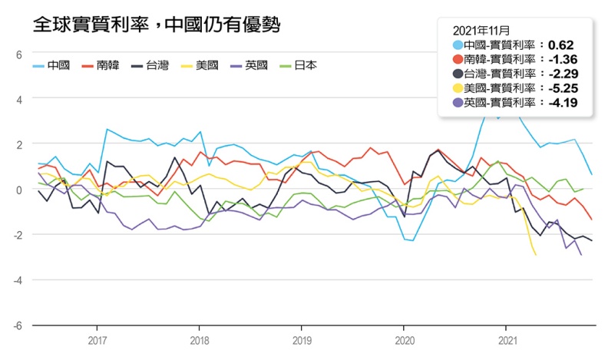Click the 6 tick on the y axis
pos(19,54)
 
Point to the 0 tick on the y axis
pos(19,190)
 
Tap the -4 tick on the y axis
pos(17,280)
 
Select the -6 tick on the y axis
pos(17,325)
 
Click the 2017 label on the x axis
pos(97,339)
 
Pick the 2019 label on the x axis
pos(302,339)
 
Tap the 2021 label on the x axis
pos(507,339)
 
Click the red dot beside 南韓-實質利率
pos(458,59)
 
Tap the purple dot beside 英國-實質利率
pos(458,103)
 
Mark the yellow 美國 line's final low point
pos(535,254)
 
